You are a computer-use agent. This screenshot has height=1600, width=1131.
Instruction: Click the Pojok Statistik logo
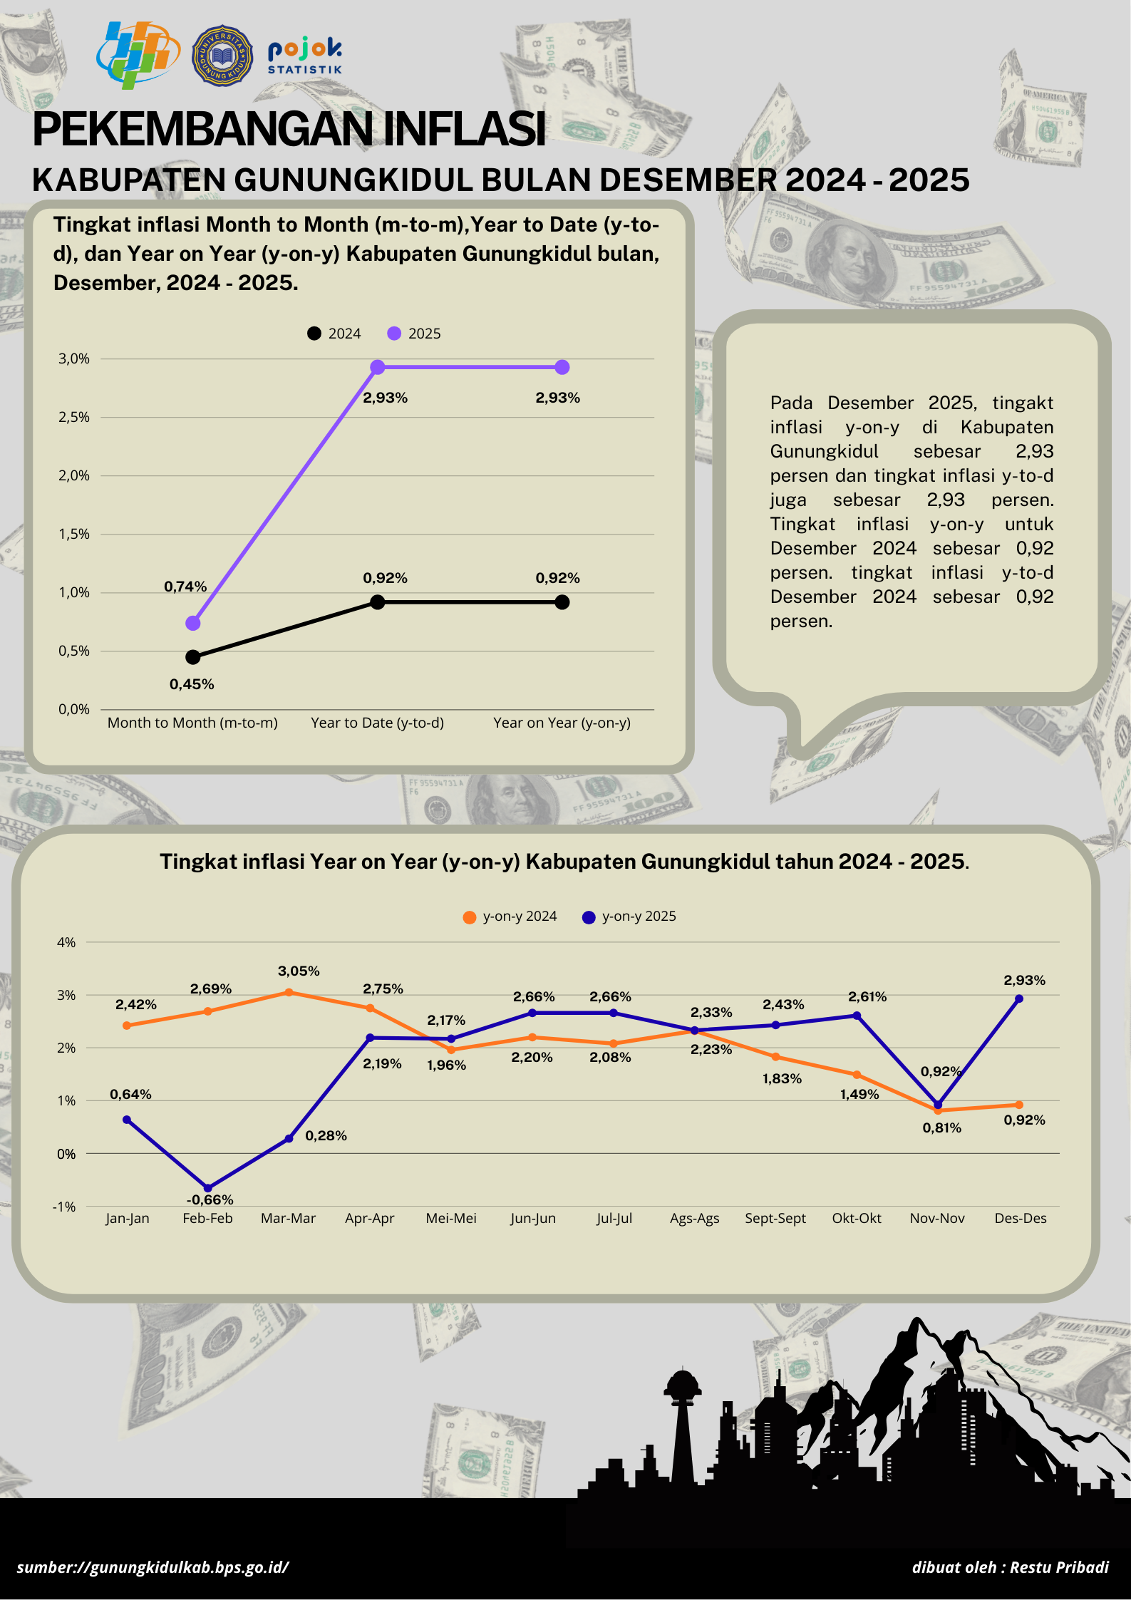305,56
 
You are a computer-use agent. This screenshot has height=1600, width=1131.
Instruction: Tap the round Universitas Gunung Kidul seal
222,56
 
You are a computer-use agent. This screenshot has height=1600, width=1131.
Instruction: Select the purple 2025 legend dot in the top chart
394,334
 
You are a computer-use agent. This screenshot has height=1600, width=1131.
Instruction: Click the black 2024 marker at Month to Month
192,656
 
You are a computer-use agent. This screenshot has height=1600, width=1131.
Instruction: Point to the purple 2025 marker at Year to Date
378,367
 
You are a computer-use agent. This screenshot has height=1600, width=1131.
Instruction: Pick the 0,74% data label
185,587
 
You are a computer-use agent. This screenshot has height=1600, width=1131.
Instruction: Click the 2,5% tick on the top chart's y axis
74,417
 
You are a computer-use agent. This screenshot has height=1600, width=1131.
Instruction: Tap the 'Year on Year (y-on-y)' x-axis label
562,723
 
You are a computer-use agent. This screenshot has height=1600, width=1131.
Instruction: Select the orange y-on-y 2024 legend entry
510,917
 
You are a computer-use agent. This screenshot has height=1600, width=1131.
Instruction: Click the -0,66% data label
210,1199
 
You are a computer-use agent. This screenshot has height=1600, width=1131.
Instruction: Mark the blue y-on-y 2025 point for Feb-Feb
207,1188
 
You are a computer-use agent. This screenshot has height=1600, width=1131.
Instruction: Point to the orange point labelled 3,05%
289,992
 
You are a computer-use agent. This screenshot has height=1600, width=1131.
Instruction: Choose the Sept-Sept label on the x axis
775,1218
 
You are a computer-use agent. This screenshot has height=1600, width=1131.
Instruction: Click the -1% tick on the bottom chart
64,1207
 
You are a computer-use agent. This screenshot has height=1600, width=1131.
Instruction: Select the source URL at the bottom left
153,1567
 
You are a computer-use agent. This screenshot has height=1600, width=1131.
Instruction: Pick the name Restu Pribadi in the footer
1059,1567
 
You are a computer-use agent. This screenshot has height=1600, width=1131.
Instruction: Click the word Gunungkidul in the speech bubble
824,451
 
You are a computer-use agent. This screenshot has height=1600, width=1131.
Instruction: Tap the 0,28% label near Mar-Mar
326,1135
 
